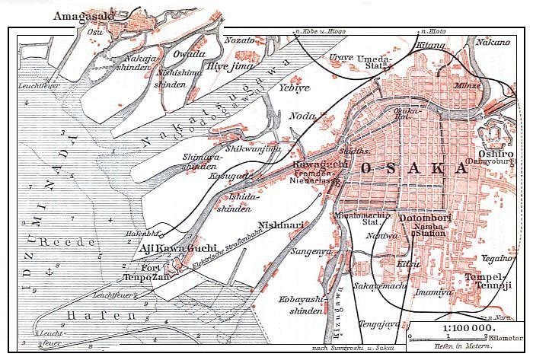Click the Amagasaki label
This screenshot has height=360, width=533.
[85, 15]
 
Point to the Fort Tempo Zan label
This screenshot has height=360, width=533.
[155, 273]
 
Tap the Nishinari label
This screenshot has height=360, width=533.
[284, 225]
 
